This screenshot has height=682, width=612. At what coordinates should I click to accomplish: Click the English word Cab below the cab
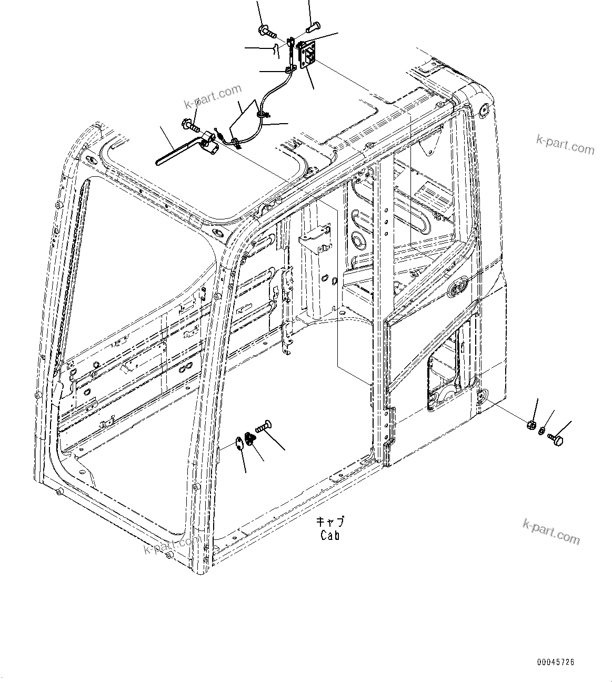[330, 535]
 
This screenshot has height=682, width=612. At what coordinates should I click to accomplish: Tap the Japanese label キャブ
[330, 522]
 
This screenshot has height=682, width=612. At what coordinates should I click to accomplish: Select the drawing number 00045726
[556, 662]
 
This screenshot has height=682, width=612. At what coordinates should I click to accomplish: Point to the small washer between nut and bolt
[542, 430]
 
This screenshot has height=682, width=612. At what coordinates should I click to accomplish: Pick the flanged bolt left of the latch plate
[267, 31]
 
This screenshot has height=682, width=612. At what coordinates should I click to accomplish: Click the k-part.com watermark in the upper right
[565, 145]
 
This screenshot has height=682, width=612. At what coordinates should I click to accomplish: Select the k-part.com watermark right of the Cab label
[551, 531]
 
